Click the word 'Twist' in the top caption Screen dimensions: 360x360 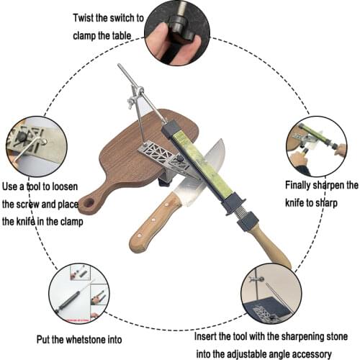pyautogui.click(x=87, y=17)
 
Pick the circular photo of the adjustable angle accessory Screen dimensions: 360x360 pyautogui.click(x=271, y=293)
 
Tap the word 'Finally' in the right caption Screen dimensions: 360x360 pyautogui.click(x=296, y=185)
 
